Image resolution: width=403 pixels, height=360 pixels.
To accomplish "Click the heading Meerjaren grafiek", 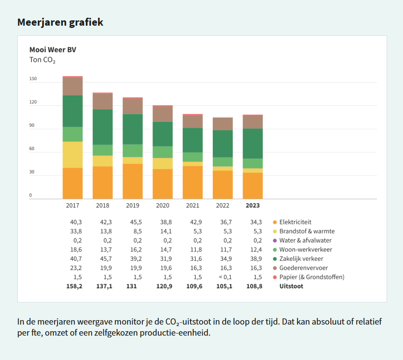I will coord(60,22).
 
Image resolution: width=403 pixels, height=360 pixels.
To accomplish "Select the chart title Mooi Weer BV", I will coord(53,50).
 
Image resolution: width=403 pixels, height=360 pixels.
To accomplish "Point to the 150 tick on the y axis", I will coord(33,79).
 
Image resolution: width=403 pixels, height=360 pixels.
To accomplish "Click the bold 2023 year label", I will coord(253,205).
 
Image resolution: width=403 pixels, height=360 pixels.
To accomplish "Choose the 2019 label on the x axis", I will coord(133,205).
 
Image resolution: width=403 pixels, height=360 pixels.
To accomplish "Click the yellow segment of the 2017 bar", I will coord(73,155).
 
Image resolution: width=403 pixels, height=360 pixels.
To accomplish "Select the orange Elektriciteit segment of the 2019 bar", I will coord(133,181).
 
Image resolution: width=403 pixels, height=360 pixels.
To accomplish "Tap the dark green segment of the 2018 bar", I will coord(102,127).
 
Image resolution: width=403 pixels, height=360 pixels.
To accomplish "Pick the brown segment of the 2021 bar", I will coord(192,122).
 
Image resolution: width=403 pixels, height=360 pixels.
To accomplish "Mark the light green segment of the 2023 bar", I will coord(253,163).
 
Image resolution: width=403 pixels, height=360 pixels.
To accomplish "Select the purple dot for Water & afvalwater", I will coord(275,240).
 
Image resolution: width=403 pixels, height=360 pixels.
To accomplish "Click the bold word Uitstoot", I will coord(291,286).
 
